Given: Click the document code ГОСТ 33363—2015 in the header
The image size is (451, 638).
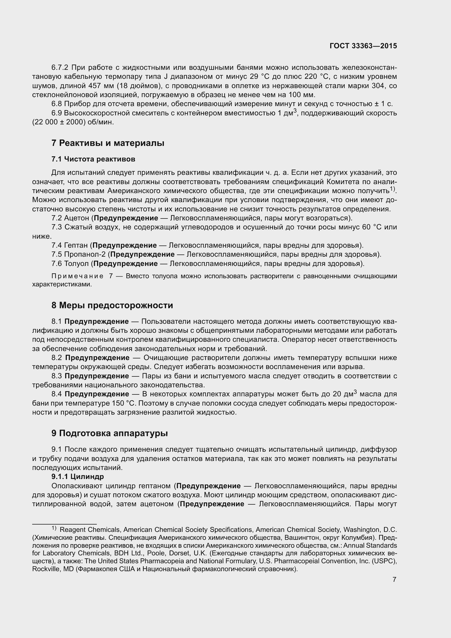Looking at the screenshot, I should coord(363,46).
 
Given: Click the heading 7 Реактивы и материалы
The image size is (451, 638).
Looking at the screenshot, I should coord(108,143).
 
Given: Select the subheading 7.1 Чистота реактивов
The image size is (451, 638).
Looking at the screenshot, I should coord(93,159).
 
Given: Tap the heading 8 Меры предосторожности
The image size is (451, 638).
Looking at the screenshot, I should coord(112,305).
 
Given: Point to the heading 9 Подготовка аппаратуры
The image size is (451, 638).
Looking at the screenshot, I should coord(110,433).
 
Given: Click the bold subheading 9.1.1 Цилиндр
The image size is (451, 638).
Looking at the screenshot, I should coord(77,477).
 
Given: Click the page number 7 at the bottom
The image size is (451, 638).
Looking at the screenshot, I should coord(394,580).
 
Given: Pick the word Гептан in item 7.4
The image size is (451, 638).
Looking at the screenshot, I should coord(76,245).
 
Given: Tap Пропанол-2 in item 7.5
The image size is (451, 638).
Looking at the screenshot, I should coord(85,254).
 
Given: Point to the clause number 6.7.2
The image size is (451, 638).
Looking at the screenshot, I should coord(60,68).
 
